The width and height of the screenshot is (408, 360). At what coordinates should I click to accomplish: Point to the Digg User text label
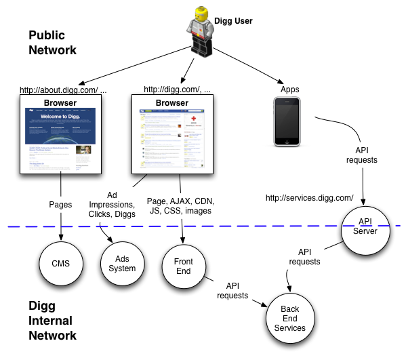tap(233, 21)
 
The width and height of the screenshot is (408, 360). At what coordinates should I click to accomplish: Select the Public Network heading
tap(52, 42)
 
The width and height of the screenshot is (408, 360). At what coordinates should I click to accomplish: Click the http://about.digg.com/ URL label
tap(63, 89)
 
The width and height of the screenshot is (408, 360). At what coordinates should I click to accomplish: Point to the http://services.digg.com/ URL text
tap(310, 198)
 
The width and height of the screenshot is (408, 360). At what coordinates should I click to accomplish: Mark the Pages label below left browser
tap(61, 202)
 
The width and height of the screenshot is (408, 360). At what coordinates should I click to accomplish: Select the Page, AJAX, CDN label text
tap(179, 205)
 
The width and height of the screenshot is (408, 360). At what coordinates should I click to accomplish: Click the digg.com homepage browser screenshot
tap(172, 139)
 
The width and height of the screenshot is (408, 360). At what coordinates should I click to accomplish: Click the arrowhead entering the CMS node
tap(62, 237)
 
